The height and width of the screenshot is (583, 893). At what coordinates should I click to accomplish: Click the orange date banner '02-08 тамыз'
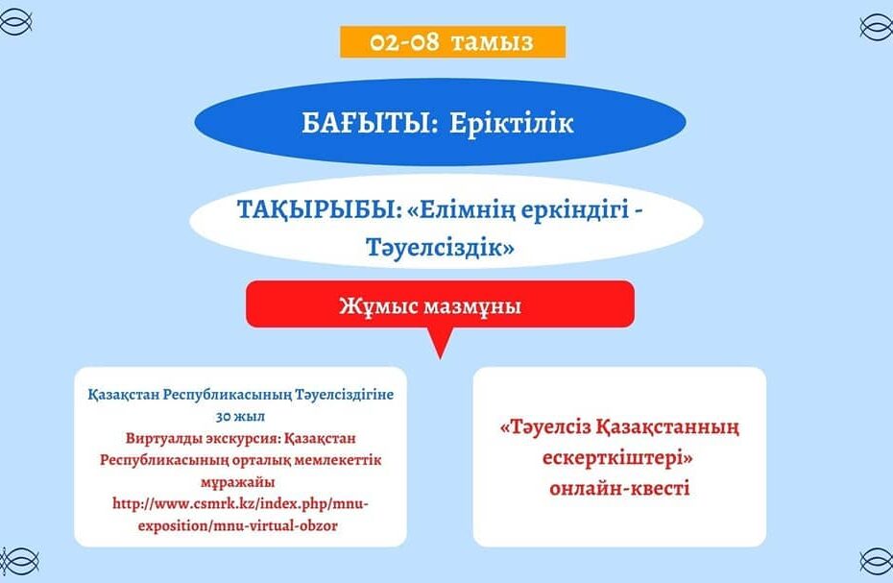click(453, 41)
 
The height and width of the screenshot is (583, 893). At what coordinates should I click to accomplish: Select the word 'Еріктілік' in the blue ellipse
click(511, 123)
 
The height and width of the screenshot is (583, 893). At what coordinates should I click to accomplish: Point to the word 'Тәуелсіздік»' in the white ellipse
click(440, 248)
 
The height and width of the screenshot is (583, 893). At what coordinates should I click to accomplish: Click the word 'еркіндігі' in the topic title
click(574, 211)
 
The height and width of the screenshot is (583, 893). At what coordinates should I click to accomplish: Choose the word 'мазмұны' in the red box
click(472, 307)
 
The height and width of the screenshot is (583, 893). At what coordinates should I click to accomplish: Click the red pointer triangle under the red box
click(440, 343)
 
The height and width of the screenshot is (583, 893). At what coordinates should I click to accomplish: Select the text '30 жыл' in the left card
click(240, 417)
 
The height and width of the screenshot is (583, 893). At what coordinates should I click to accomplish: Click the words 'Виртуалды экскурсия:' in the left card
click(202, 438)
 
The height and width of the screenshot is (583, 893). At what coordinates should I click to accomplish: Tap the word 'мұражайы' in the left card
click(237, 482)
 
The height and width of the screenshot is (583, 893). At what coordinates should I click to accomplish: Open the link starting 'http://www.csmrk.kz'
click(240, 504)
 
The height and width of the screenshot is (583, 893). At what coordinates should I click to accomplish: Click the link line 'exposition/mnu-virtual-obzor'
click(237, 525)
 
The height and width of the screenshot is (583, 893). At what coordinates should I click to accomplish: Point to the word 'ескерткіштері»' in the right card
click(617, 457)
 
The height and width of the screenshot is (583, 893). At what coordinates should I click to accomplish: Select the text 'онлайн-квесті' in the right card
click(619, 489)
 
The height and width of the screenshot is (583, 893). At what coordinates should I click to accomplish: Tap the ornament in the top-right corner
click(876, 27)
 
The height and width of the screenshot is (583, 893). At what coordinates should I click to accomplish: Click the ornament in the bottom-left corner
click(19, 561)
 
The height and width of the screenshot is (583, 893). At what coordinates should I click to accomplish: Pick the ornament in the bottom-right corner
click(876, 561)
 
